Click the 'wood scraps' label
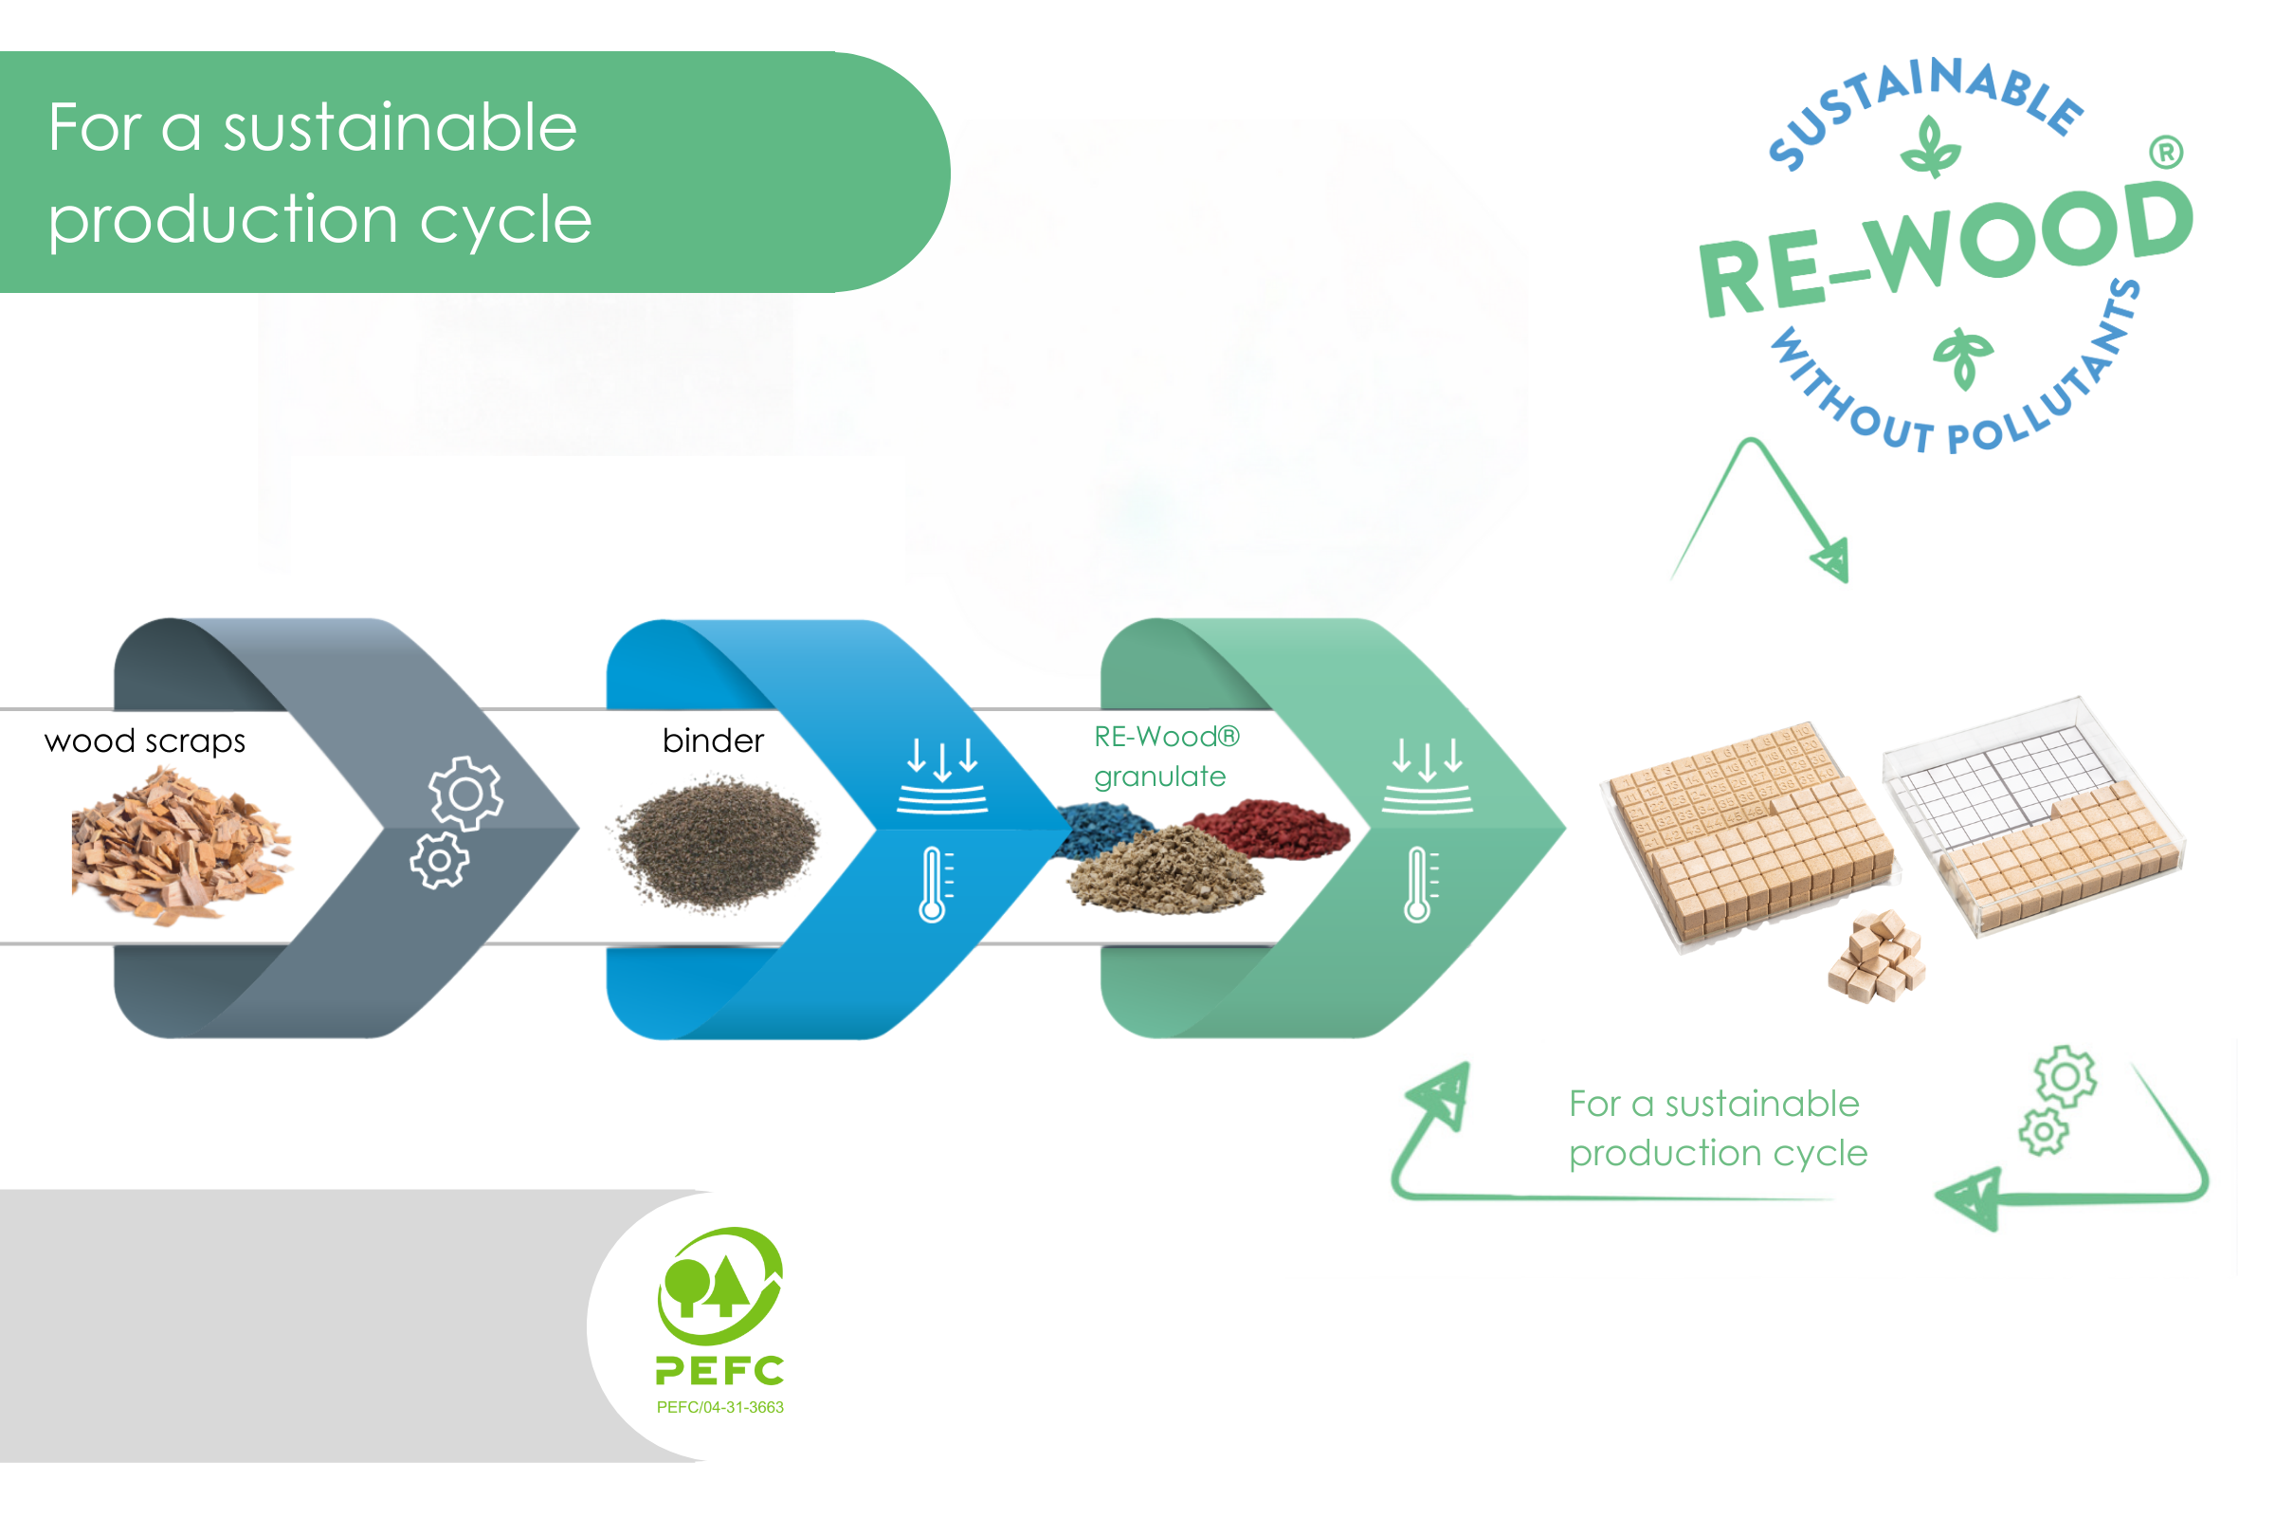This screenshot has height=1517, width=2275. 145,742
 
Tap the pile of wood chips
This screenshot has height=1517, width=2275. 179,846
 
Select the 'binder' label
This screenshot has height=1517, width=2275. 713,742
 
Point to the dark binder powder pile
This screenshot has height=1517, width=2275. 718,844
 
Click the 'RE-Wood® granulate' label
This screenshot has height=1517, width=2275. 1165,757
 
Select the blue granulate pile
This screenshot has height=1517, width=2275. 1102,831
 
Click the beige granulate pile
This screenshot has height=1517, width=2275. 1166,870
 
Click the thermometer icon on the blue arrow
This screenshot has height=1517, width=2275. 933,885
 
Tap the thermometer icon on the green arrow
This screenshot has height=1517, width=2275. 1418,885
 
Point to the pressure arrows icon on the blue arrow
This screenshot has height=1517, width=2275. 942,775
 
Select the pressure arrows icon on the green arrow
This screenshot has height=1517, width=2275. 1428,775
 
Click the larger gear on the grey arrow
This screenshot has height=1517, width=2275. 465,794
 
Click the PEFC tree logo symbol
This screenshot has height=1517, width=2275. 720,1286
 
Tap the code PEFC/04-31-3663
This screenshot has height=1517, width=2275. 720,1408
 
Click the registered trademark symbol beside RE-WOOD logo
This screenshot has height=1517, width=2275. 2167,153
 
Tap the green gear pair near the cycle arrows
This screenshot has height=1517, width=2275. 2056,1101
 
